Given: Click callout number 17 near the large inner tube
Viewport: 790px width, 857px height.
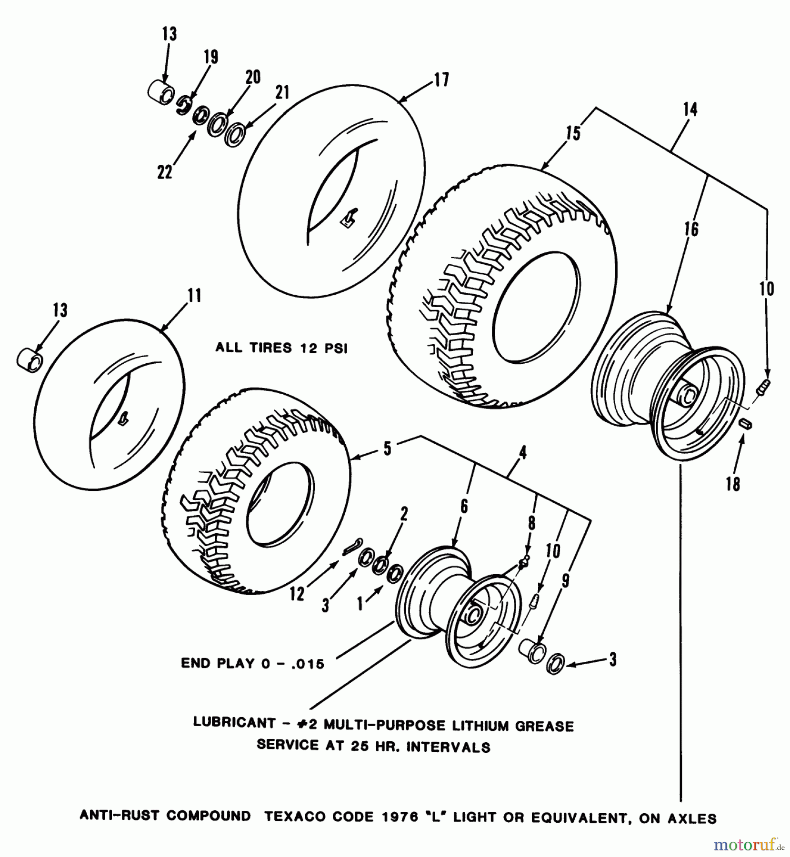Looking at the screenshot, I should click(x=441, y=80).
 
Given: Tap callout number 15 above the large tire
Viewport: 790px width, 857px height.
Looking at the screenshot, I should click(x=573, y=133).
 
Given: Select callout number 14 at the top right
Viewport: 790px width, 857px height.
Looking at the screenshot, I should click(x=690, y=110).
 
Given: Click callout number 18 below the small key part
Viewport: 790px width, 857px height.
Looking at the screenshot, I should click(x=733, y=484).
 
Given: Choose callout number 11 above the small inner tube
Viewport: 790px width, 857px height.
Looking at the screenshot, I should click(x=194, y=296).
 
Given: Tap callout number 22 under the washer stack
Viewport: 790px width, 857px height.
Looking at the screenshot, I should click(x=165, y=172).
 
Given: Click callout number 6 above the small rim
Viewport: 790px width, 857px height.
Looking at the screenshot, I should click(x=464, y=506).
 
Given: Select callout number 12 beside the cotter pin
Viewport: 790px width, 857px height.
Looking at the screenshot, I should click(x=297, y=593).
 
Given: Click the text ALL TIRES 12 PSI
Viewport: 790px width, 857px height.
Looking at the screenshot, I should click(x=281, y=348).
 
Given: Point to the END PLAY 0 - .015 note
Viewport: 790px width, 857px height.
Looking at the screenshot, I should click(x=252, y=663).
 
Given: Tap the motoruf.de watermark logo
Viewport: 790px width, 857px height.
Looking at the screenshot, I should click(x=749, y=845).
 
